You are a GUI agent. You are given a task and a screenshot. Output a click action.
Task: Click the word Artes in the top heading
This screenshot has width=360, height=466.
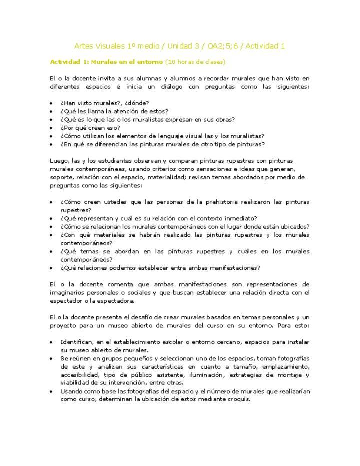pos(84,46)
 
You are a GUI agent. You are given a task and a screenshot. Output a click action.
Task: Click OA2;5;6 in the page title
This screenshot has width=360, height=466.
pos(225,46)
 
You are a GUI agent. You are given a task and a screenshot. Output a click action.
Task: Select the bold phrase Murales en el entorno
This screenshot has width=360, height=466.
pos(127,62)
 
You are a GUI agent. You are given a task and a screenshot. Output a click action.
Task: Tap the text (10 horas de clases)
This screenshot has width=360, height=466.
pos(195,62)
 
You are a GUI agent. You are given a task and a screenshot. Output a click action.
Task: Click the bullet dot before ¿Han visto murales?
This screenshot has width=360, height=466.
pos(52,103)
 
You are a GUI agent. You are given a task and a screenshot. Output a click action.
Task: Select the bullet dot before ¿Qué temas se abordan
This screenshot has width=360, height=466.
pos(52,251)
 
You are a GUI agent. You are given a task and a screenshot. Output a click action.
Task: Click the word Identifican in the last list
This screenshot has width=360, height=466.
pos(78,342)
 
